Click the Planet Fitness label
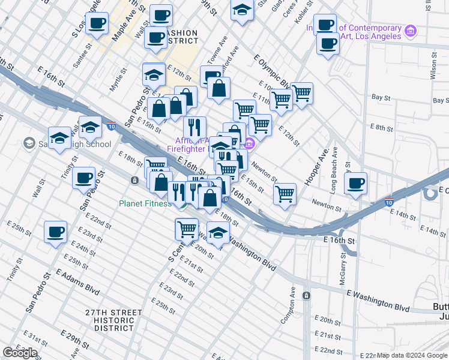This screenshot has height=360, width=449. click(x=145, y=203)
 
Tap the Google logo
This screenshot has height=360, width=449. click(x=20, y=353)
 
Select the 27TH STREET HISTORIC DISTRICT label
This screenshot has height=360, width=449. click(x=113, y=320)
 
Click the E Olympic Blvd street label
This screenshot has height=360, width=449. click(x=272, y=68)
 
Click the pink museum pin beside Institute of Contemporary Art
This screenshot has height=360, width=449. click(x=411, y=31)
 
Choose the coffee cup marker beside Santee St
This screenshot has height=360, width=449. click(x=97, y=23)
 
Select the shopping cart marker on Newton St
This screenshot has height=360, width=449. click(x=285, y=194)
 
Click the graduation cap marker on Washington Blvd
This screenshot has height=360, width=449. click(x=218, y=232)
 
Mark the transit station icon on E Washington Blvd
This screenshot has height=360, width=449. click(x=306, y=296)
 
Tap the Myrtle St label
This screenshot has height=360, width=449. click(x=118, y=80)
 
